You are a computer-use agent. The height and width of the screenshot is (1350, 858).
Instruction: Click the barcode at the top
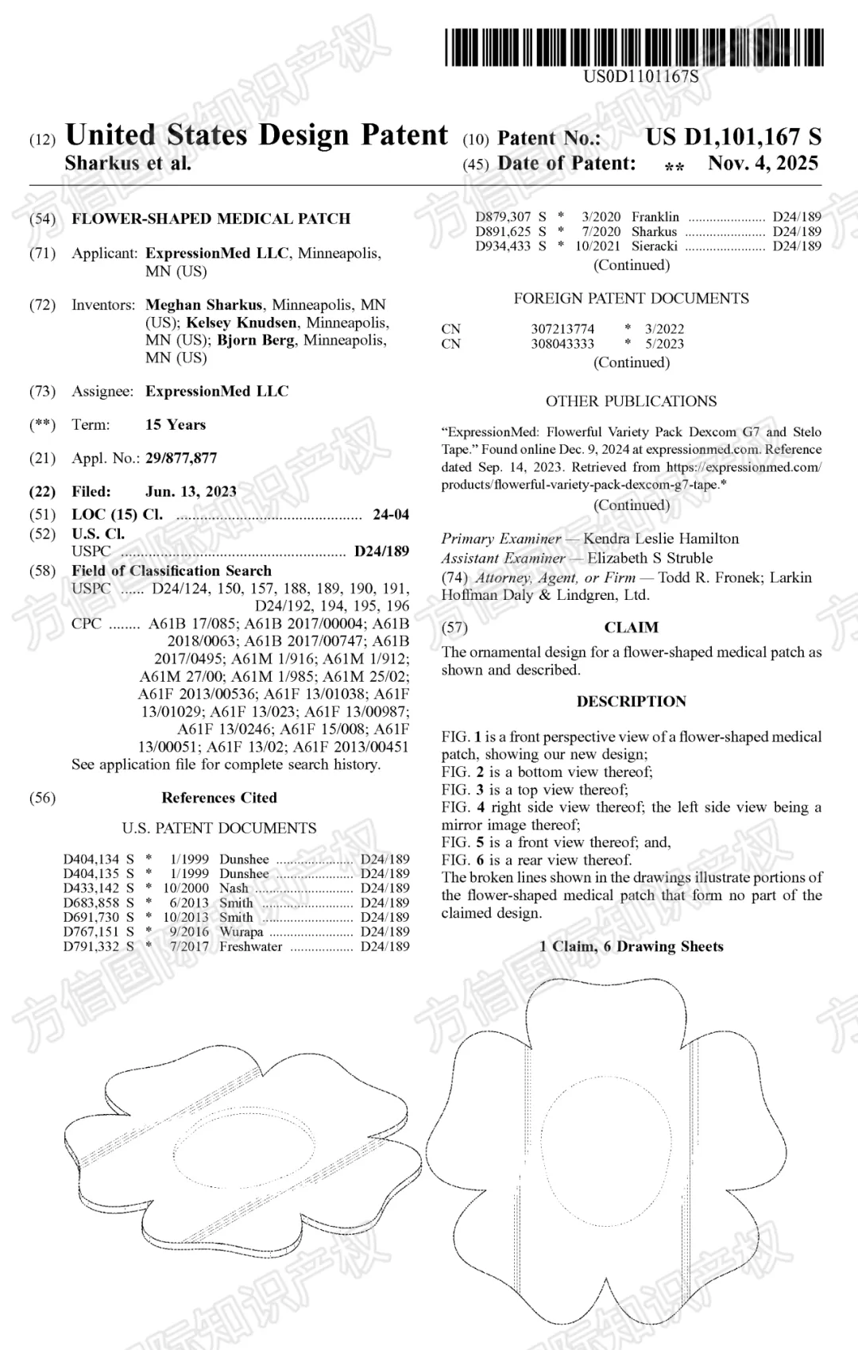(x=633, y=48)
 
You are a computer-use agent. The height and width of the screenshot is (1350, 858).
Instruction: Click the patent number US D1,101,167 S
(x=732, y=137)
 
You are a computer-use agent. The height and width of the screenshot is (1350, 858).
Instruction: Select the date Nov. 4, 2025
(x=763, y=164)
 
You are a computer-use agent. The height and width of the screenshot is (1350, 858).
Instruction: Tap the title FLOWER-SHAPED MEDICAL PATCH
(x=211, y=219)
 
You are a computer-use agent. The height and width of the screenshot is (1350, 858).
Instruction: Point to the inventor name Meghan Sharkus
(x=203, y=305)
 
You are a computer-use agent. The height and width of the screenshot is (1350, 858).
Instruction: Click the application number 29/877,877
(x=181, y=458)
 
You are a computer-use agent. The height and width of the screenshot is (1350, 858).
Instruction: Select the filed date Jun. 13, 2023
(x=191, y=492)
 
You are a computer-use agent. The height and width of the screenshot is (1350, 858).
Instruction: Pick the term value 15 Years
(x=176, y=425)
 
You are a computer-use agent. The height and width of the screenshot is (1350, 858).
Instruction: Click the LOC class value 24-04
(x=391, y=515)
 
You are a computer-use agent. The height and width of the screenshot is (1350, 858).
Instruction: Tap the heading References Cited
(x=219, y=798)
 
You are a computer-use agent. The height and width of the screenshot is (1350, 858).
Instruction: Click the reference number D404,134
(x=91, y=860)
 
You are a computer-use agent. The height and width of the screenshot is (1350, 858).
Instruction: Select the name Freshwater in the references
(x=250, y=946)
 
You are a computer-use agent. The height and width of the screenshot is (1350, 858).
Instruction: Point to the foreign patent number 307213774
(x=562, y=329)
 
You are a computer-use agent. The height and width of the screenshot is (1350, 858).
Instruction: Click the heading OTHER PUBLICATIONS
(x=631, y=401)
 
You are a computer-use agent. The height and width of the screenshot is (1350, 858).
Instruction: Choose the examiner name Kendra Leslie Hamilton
(x=661, y=539)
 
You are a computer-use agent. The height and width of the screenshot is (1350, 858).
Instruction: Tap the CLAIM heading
(x=631, y=628)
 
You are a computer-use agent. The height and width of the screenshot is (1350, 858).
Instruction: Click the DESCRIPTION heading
(x=631, y=702)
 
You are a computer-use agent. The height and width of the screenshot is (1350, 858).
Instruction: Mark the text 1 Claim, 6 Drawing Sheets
(x=631, y=946)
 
